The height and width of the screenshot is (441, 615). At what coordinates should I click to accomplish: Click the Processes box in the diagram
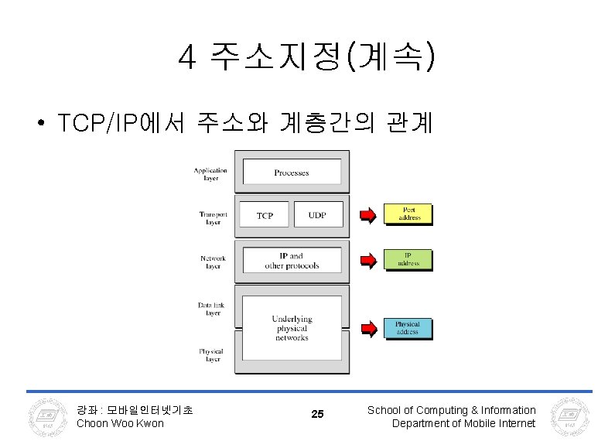point(292,173)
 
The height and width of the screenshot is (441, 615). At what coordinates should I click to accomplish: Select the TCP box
point(265,215)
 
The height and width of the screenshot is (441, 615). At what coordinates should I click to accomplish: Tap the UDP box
point(317,215)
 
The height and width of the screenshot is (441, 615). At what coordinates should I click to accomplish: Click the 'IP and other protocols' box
point(292,260)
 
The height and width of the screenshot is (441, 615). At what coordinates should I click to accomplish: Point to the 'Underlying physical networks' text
point(292,328)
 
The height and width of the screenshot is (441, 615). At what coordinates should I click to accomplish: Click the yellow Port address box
point(408,214)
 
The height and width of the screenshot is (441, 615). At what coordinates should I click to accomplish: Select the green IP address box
point(408,259)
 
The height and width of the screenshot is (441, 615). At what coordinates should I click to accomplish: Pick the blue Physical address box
point(408,328)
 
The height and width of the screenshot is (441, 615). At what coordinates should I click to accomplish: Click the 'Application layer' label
point(210,174)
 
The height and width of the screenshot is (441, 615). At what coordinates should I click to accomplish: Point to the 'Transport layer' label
point(213,218)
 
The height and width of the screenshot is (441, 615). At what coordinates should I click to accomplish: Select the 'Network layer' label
point(212,262)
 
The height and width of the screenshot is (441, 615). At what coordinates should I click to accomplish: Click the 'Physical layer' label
point(210,355)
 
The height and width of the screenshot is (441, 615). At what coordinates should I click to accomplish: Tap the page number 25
point(317,415)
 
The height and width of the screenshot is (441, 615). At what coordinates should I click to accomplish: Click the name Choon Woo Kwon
point(120,423)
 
